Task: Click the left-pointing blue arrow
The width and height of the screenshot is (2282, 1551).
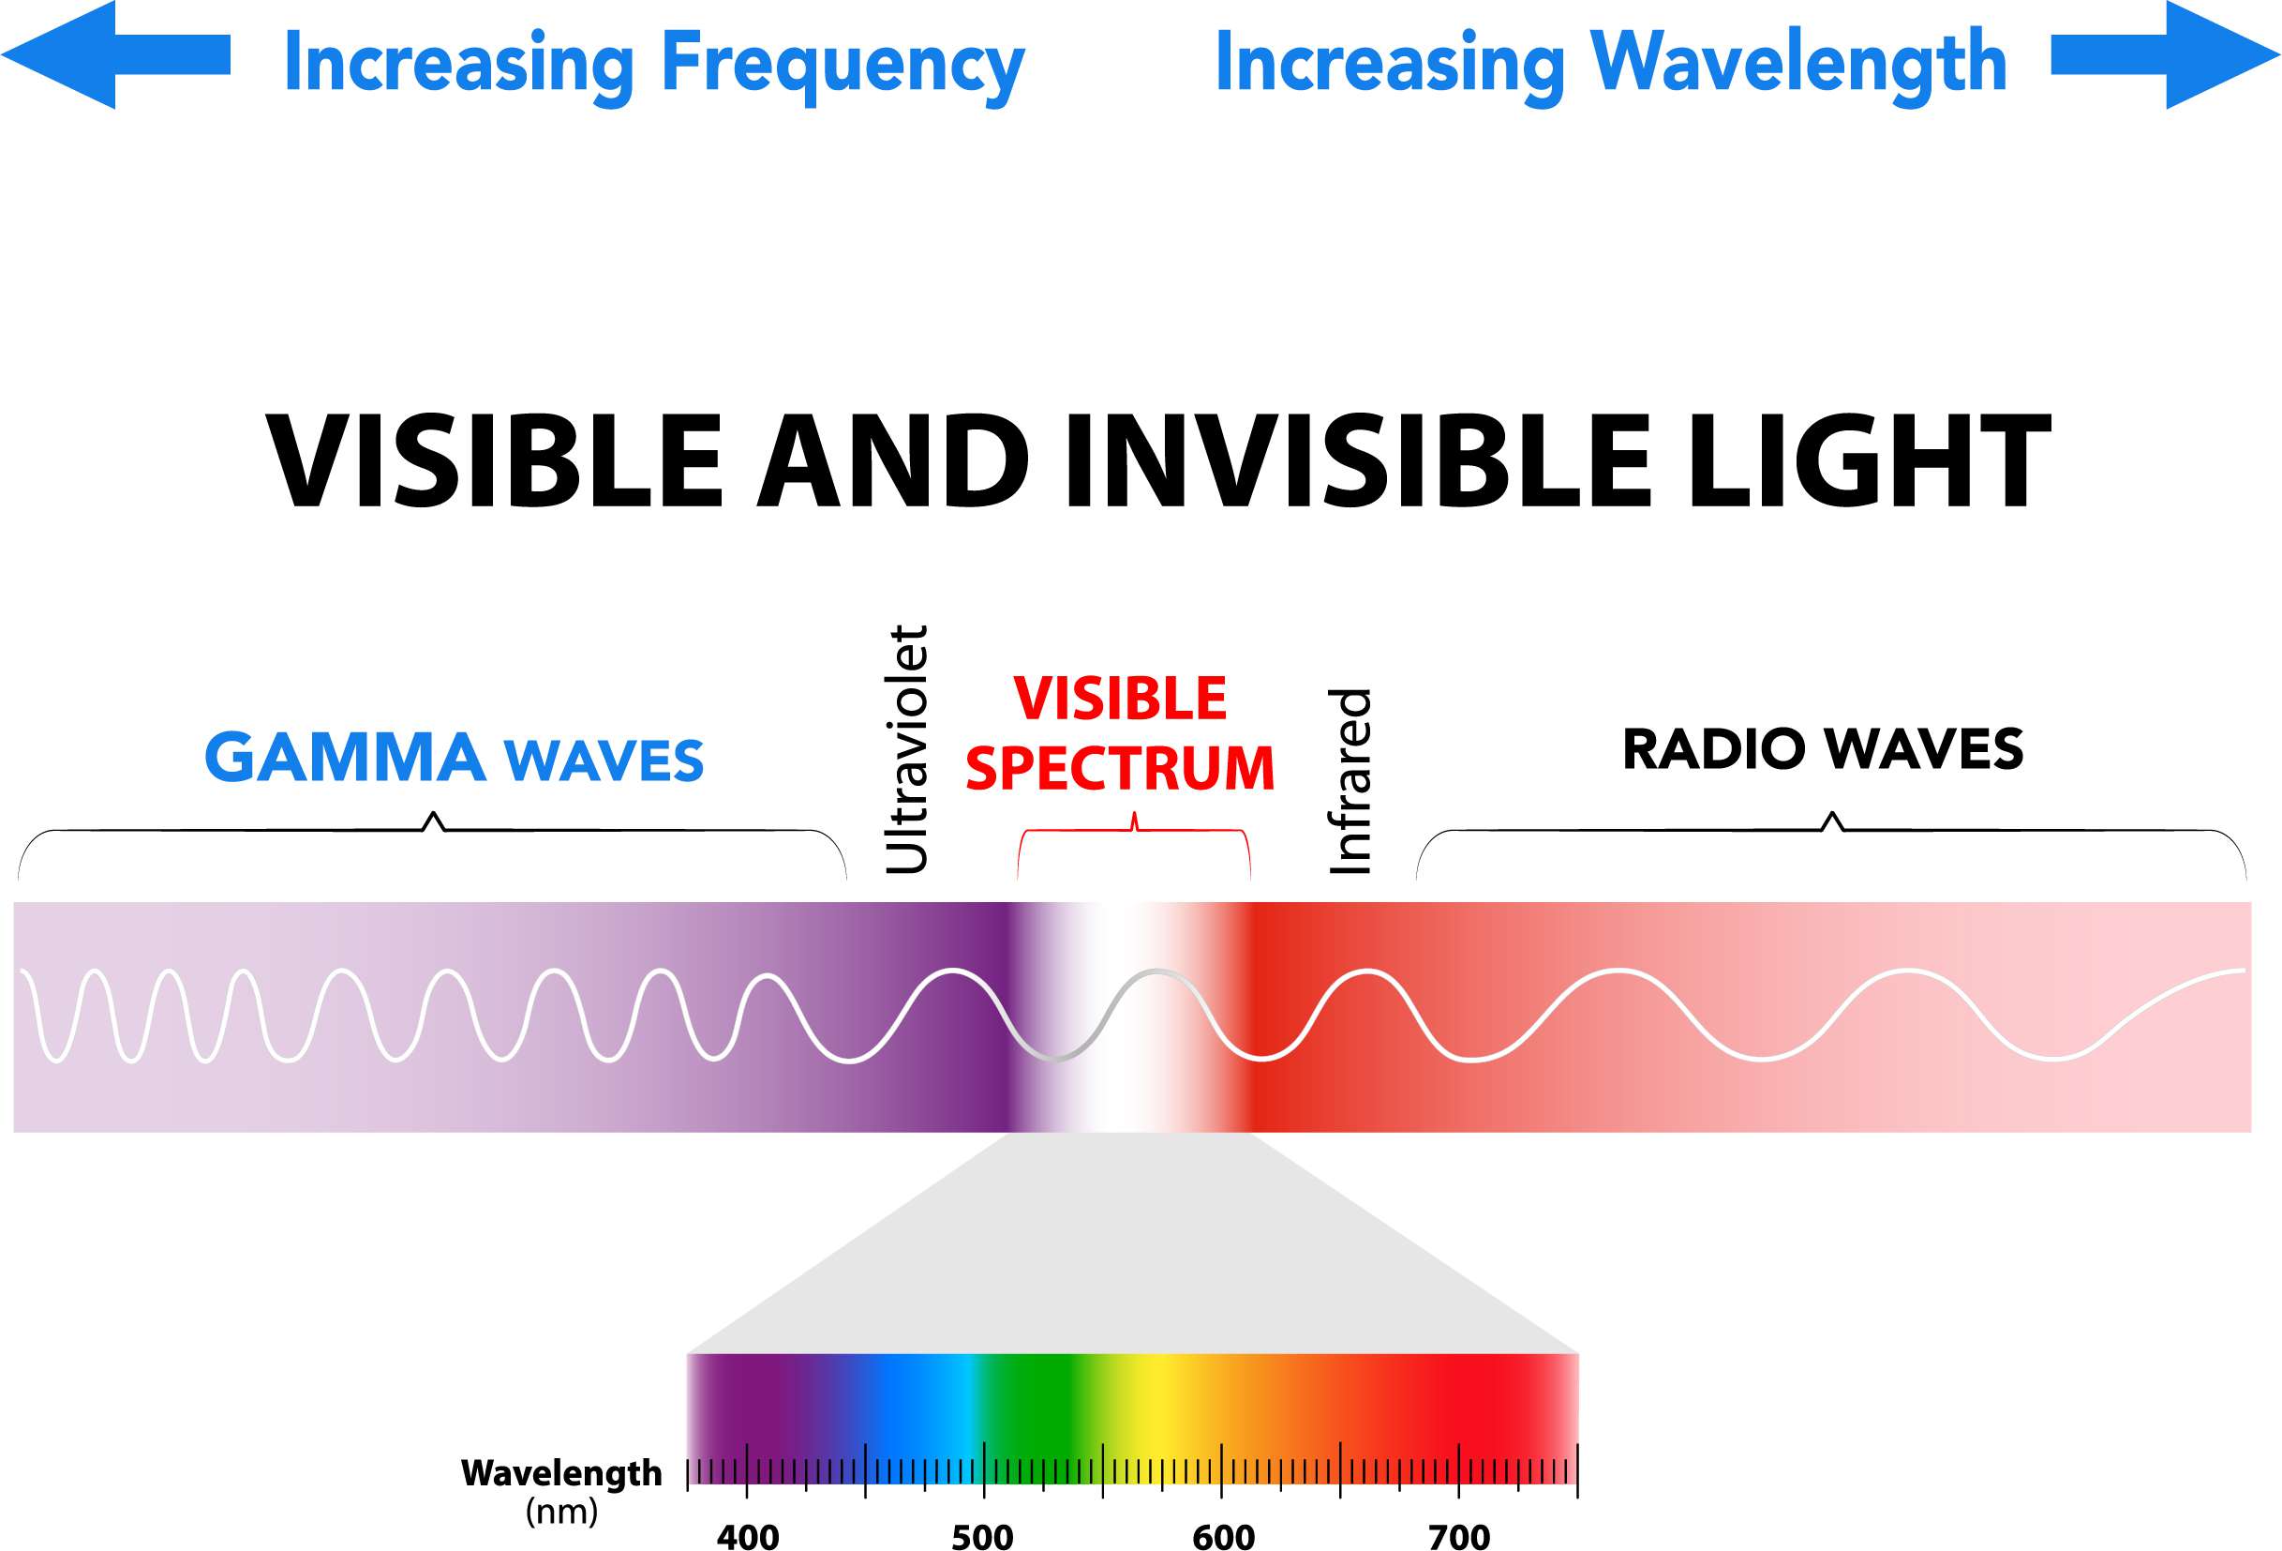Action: coord(108,54)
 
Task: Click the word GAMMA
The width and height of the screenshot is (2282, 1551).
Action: coord(345,759)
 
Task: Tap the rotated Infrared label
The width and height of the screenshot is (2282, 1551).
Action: coord(1350,781)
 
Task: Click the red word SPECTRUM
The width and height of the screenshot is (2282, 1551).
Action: coord(1120,768)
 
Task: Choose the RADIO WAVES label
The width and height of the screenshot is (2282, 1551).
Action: coord(1823,749)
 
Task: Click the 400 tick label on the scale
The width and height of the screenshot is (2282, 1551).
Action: coord(747,1535)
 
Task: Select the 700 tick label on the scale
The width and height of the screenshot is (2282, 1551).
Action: coord(1459,1535)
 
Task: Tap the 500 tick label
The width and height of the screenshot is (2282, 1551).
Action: coord(982,1535)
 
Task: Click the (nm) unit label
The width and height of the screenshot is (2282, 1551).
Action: coord(561,1510)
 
